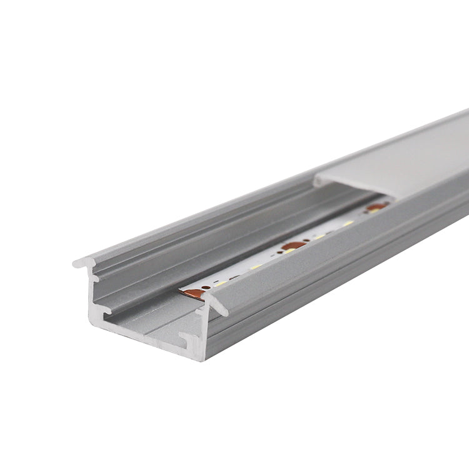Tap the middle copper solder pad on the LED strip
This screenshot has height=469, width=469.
pyautogui.click(x=293, y=246)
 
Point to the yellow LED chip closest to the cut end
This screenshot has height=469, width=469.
pyautogui.click(x=219, y=283)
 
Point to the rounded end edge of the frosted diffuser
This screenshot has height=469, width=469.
pyautogui.click(x=319, y=182)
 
